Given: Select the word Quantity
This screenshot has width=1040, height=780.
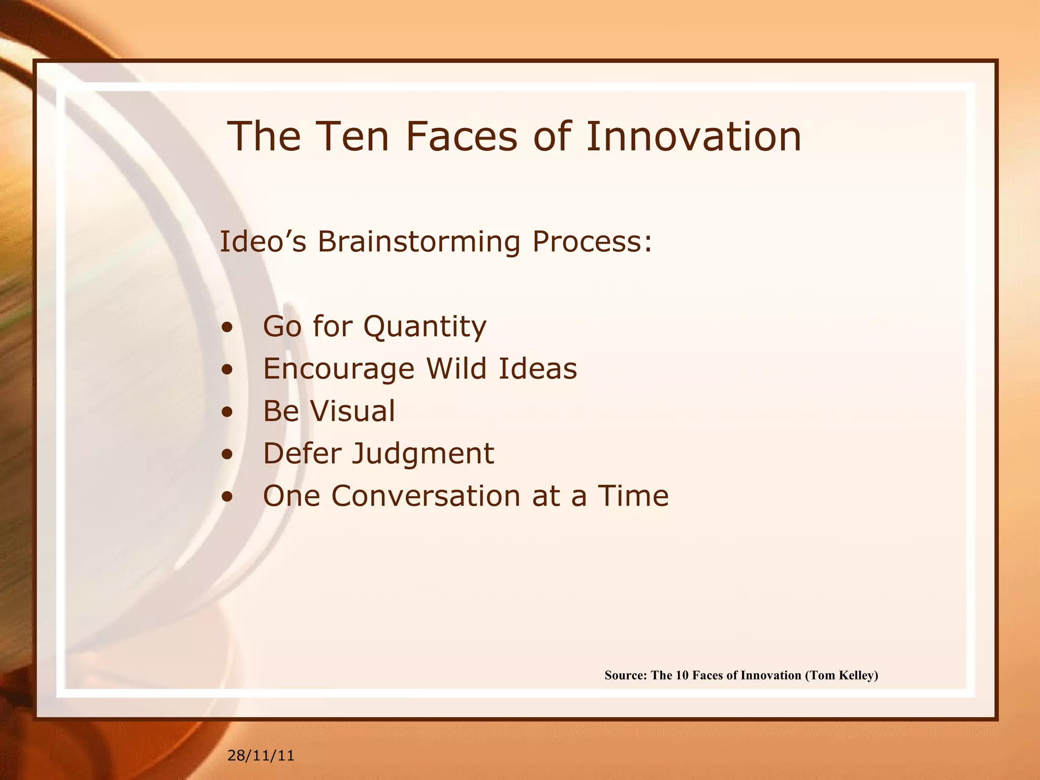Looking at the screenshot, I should pos(425,327).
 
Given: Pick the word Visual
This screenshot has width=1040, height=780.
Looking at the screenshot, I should pos(352,411).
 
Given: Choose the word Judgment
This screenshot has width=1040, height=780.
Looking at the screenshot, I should pos(422,453).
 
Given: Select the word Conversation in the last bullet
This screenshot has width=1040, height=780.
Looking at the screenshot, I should pos(426,496).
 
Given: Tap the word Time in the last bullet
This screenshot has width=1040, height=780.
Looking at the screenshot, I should pos(633,496).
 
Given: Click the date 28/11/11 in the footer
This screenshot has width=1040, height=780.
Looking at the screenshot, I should pos(261,756).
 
